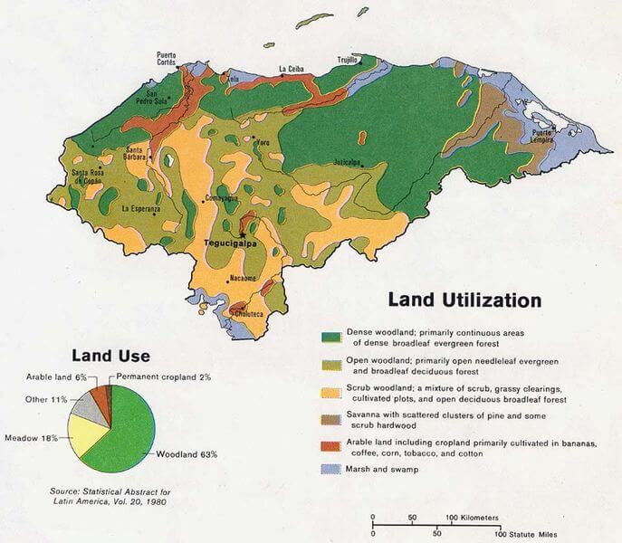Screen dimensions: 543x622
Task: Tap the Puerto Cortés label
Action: [x=167, y=56]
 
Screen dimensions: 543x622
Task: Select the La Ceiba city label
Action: [x=292, y=68]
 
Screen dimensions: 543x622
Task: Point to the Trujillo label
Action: [x=348, y=61]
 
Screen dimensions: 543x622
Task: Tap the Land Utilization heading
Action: [x=464, y=300]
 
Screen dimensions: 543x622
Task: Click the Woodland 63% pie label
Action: [x=187, y=453]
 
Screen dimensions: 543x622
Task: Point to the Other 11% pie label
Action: [x=48, y=398]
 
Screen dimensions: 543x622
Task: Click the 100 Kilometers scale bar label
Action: [x=473, y=517]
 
